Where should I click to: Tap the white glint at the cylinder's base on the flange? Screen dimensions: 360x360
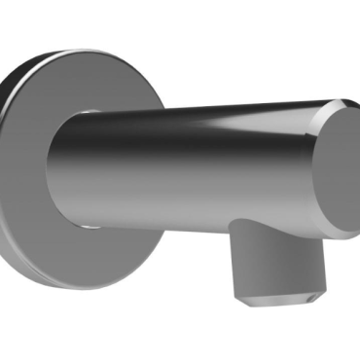click(87, 226)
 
